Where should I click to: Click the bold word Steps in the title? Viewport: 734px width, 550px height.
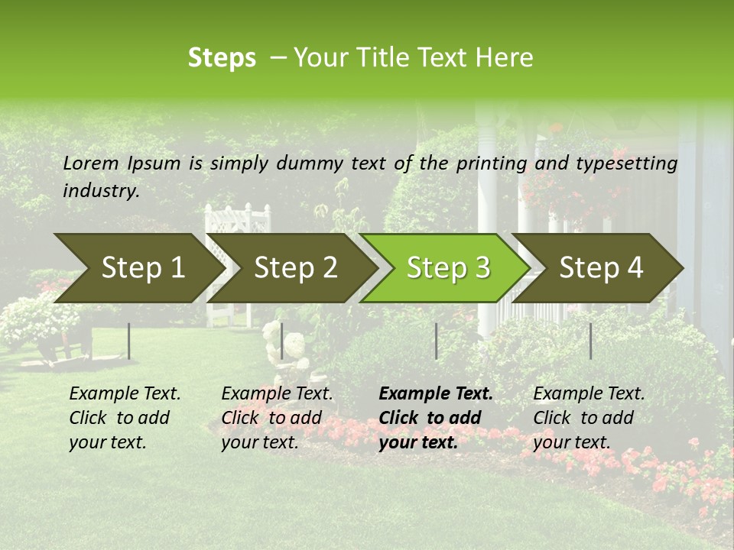[x=222, y=58]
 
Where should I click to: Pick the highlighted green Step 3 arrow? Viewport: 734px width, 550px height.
[x=448, y=268]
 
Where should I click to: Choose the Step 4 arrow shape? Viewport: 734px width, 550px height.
[x=601, y=268]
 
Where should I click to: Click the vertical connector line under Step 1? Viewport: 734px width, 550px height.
[x=129, y=341]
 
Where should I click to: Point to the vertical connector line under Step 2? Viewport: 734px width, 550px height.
[x=282, y=341]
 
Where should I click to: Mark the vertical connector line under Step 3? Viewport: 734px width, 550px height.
[x=436, y=341]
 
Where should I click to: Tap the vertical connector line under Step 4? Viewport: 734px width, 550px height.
[x=590, y=341]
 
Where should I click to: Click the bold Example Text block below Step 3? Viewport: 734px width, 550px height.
[x=436, y=418]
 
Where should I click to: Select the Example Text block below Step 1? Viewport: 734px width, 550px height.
[x=125, y=418]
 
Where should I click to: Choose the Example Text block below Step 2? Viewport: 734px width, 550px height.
[x=277, y=418]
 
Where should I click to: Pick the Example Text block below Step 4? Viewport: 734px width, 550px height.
[x=589, y=418]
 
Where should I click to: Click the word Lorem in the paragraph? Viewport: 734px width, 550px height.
[x=91, y=163]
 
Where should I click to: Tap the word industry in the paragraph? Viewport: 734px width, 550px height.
[x=101, y=191]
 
